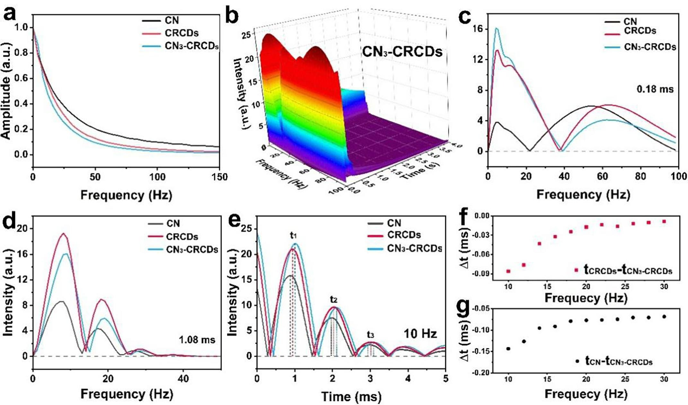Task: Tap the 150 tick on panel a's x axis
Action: coord(219,177)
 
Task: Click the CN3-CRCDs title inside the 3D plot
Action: coord(402,51)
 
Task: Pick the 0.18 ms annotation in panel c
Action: coord(655,89)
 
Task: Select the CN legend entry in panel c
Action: coord(630,22)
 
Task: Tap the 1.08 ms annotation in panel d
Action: coord(197,339)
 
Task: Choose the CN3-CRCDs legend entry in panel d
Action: coord(192,250)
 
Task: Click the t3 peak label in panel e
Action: coord(370,335)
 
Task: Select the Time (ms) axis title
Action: coord(351,397)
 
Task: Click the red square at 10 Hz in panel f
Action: coord(508,271)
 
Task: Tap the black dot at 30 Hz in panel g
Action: coord(664,317)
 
